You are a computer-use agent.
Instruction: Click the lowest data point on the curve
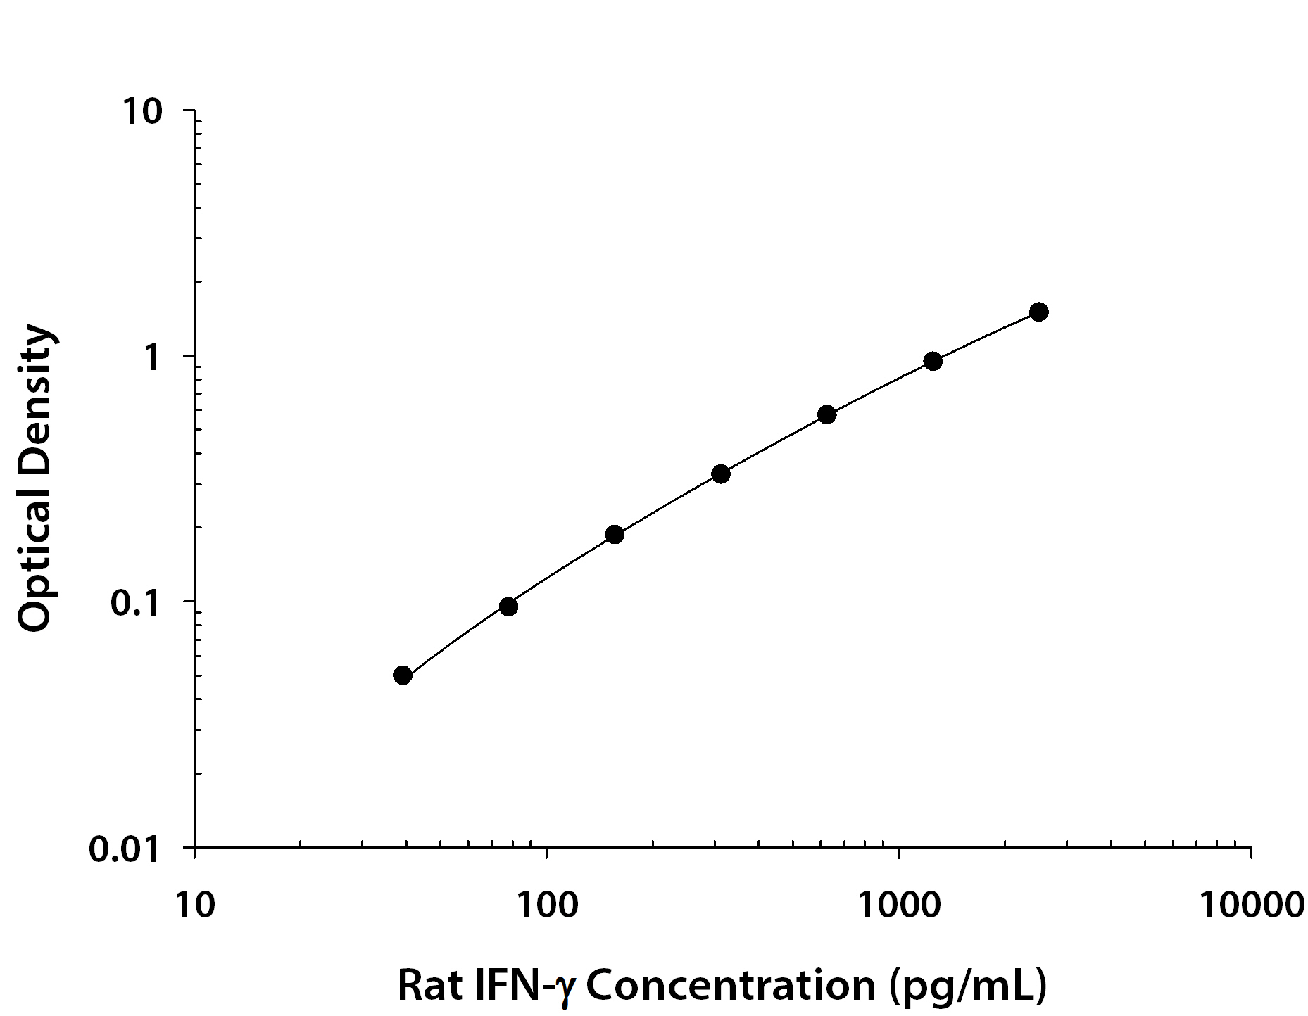(x=402, y=675)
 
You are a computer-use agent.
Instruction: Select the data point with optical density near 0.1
(x=508, y=607)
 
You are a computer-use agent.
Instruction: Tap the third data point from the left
(x=615, y=534)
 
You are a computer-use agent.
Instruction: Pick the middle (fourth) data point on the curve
(x=720, y=474)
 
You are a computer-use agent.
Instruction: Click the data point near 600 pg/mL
(x=827, y=414)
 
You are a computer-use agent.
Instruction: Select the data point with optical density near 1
(x=933, y=361)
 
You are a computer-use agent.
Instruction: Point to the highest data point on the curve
(x=1039, y=312)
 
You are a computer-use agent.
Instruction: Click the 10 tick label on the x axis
(x=194, y=905)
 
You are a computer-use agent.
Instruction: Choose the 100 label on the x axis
(x=546, y=905)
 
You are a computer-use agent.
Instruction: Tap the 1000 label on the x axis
(x=898, y=905)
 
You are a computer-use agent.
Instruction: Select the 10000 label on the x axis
(x=1251, y=905)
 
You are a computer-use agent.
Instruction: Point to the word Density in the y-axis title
(x=35, y=394)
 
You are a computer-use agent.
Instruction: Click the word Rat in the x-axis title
(x=425, y=985)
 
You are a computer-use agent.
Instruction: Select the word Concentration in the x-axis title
(x=731, y=985)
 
